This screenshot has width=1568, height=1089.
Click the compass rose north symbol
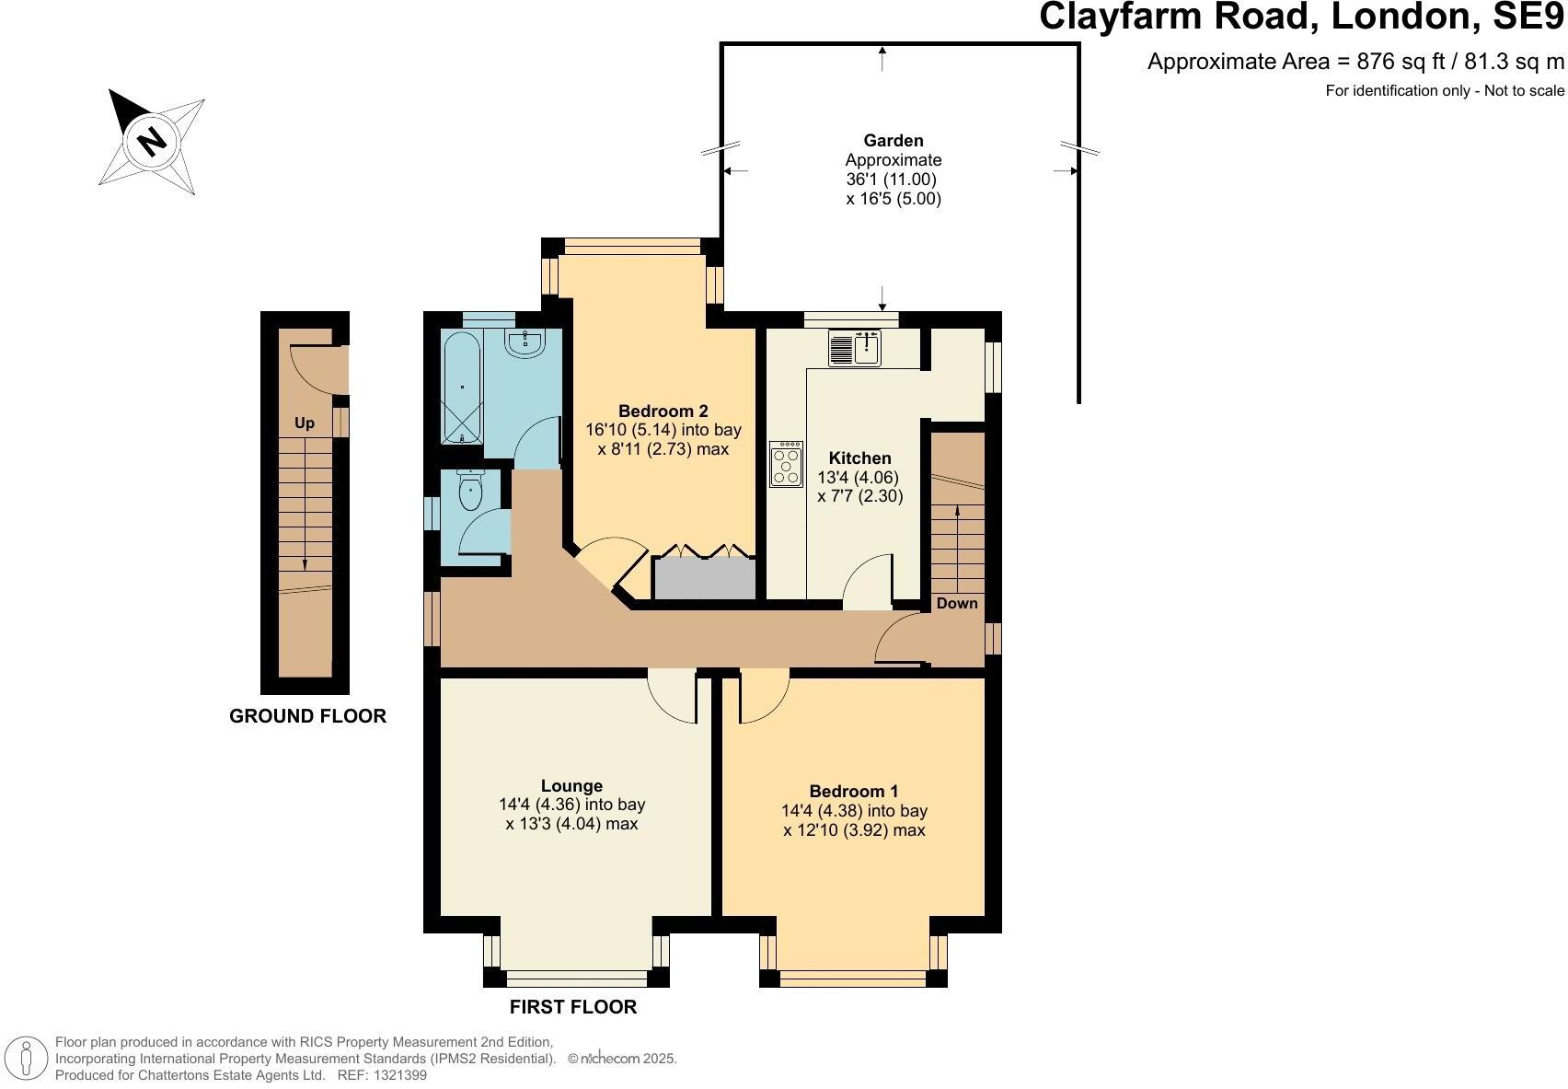(x=152, y=141)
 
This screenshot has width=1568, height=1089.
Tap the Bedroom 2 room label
(x=663, y=411)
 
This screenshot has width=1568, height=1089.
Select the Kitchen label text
(x=859, y=458)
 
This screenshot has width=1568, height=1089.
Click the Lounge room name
(x=571, y=786)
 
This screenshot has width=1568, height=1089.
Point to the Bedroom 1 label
(x=853, y=792)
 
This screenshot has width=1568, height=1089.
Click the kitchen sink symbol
(x=855, y=348)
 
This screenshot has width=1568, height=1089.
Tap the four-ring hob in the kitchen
(x=786, y=465)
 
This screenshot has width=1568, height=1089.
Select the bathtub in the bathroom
(x=461, y=388)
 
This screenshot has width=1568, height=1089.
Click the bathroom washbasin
(x=525, y=344)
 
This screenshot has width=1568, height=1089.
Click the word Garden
(x=893, y=141)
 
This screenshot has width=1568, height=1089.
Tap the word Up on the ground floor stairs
(x=305, y=423)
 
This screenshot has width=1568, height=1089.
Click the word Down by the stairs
(x=957, y=604)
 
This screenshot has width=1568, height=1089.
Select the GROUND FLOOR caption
(x=307, y=716)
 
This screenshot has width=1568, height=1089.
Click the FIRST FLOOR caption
(x=572, y=1007)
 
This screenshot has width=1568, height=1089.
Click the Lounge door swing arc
(x=671, y=697)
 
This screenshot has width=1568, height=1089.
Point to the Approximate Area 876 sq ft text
(x=1355, y=62)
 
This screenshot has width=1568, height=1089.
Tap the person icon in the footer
(x=28, y=1059)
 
